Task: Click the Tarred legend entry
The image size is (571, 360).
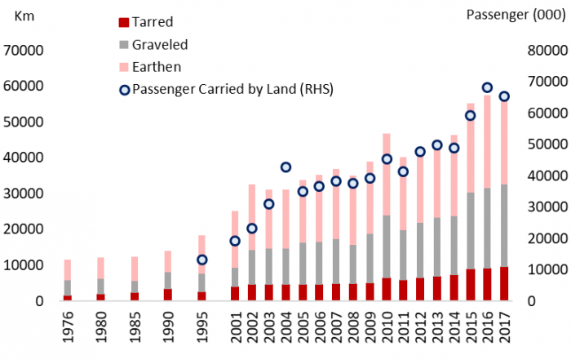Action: (x=151, y=22)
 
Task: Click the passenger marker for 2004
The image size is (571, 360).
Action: (x=285, y=167)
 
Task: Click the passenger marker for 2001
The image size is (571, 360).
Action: (x=235, y=241)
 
